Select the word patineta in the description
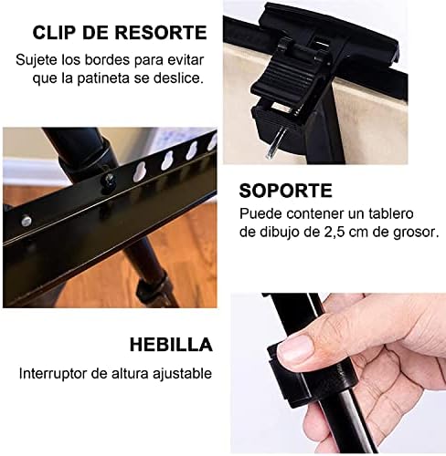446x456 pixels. (x=103, y=78)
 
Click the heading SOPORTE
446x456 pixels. (x=285, y=191)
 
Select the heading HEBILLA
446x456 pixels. (x=171, y=345)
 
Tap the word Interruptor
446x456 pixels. (x=53, y=374)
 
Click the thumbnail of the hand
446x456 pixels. (x=338, y=373)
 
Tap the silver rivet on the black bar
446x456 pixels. (x=27, y=220)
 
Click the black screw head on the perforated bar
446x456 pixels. (x=109, y=181)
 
